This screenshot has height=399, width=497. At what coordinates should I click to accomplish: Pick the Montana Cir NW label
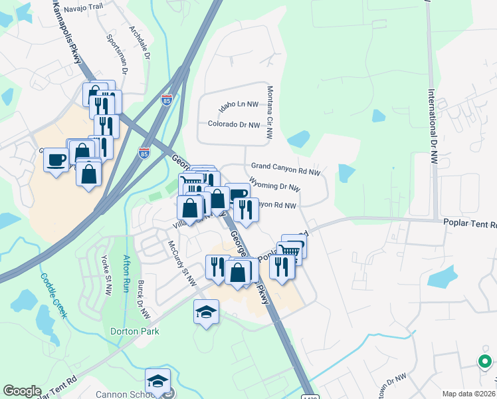point(270,112)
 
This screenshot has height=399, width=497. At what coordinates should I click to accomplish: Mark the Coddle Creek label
point(53,297)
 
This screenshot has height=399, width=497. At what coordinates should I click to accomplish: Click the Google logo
point(22,390)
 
